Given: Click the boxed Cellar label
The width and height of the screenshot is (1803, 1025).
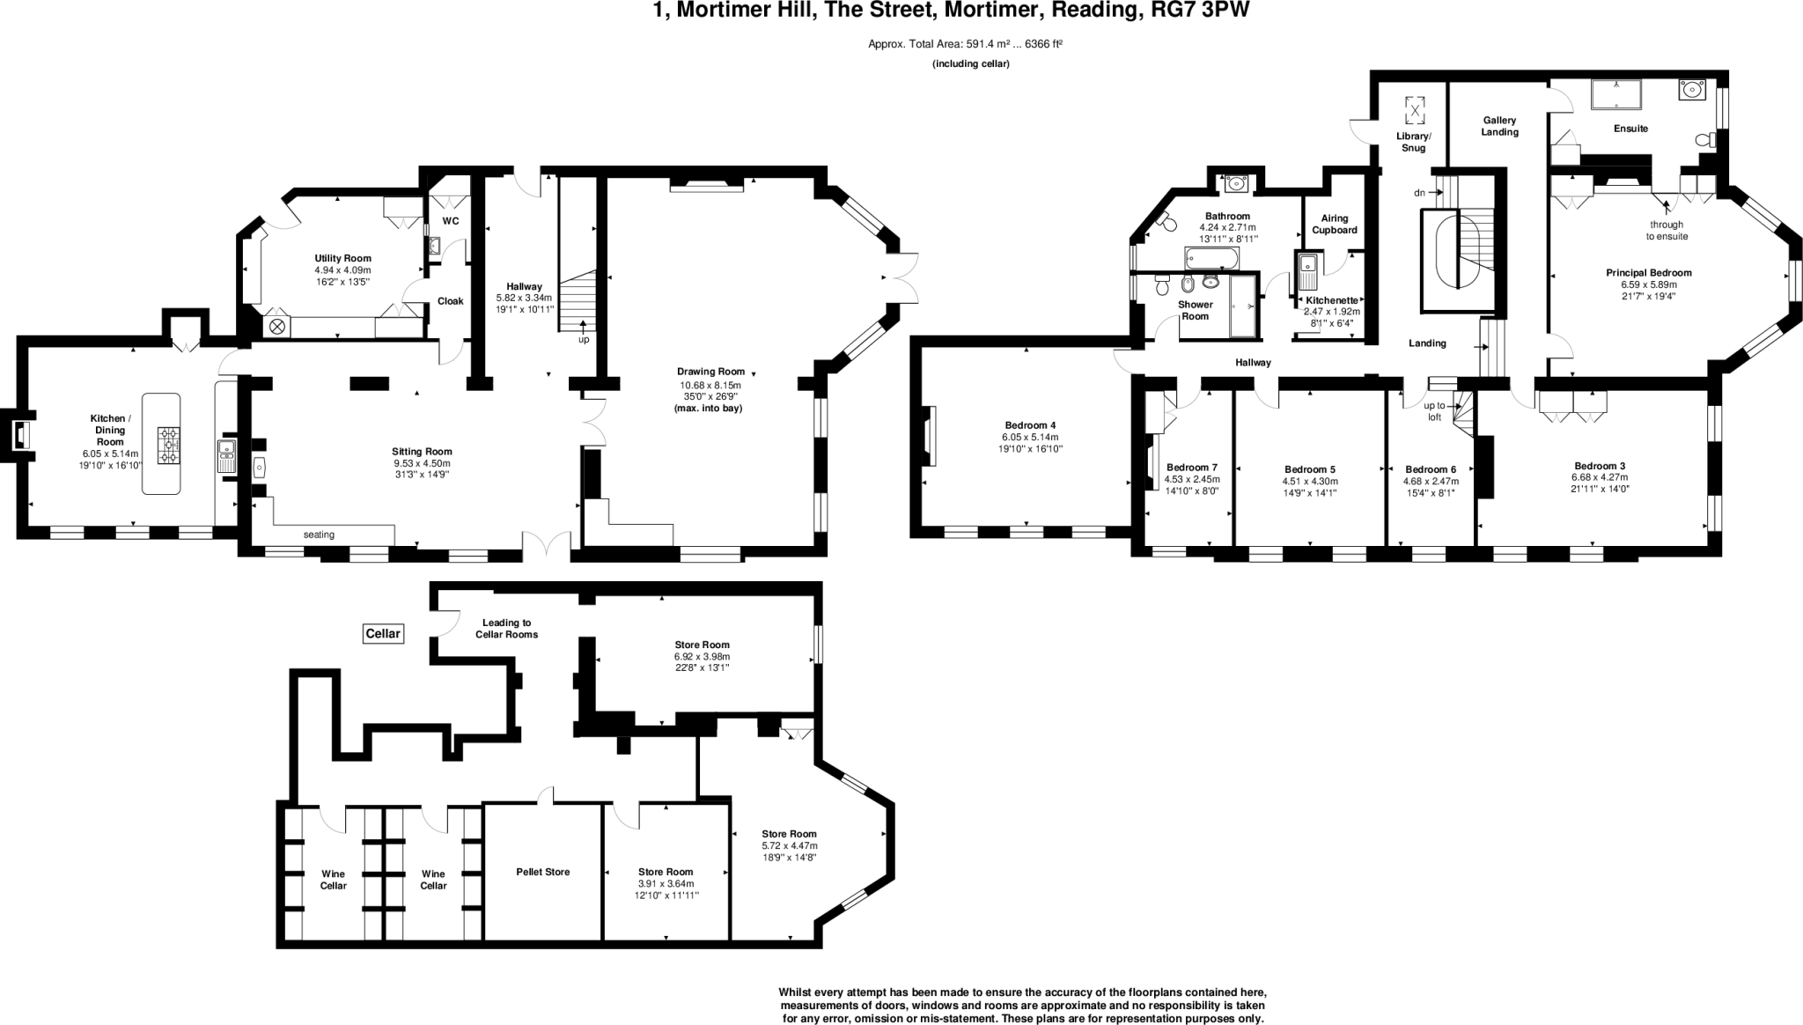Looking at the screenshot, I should (x=383, y=633).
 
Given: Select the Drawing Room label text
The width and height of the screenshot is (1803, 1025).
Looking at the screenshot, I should (x=710, y=372).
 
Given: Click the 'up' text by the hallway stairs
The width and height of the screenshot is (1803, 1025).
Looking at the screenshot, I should (x=584, y=339).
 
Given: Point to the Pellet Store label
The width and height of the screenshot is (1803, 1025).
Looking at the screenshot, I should (x=542, y=872).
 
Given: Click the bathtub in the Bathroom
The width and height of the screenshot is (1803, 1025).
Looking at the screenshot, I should (x=1211, y=258).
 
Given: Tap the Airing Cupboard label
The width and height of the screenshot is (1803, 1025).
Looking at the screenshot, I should (x=1335, y=224).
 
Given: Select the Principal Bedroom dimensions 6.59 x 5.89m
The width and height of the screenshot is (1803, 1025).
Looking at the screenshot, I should (x=1648, y=284).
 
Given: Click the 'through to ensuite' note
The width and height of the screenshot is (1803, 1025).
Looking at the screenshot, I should (x=1667, y=230).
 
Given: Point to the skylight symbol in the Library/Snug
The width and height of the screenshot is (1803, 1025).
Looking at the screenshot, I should (x=1414, y=110).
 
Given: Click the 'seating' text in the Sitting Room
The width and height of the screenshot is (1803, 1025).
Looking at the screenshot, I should (x=319, y=535).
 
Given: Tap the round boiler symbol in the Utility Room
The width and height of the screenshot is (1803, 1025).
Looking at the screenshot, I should (x=277, y=327).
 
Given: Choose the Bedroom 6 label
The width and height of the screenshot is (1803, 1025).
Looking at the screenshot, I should (x=1431, y=469).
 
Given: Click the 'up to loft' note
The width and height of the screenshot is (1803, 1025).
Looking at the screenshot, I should (x=1434, y=411).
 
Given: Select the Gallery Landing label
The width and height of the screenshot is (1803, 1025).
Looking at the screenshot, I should (x=1499, y=126).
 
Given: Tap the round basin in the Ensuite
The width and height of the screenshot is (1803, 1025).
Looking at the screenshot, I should (x=1691, y=90).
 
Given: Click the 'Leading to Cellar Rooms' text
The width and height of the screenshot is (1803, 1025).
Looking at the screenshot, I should (x=506, y=628).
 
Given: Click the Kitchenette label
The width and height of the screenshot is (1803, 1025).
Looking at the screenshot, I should (x=1331, y=300).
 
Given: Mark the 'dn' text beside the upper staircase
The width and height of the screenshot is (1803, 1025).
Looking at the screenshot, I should (x=1419, y=192).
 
